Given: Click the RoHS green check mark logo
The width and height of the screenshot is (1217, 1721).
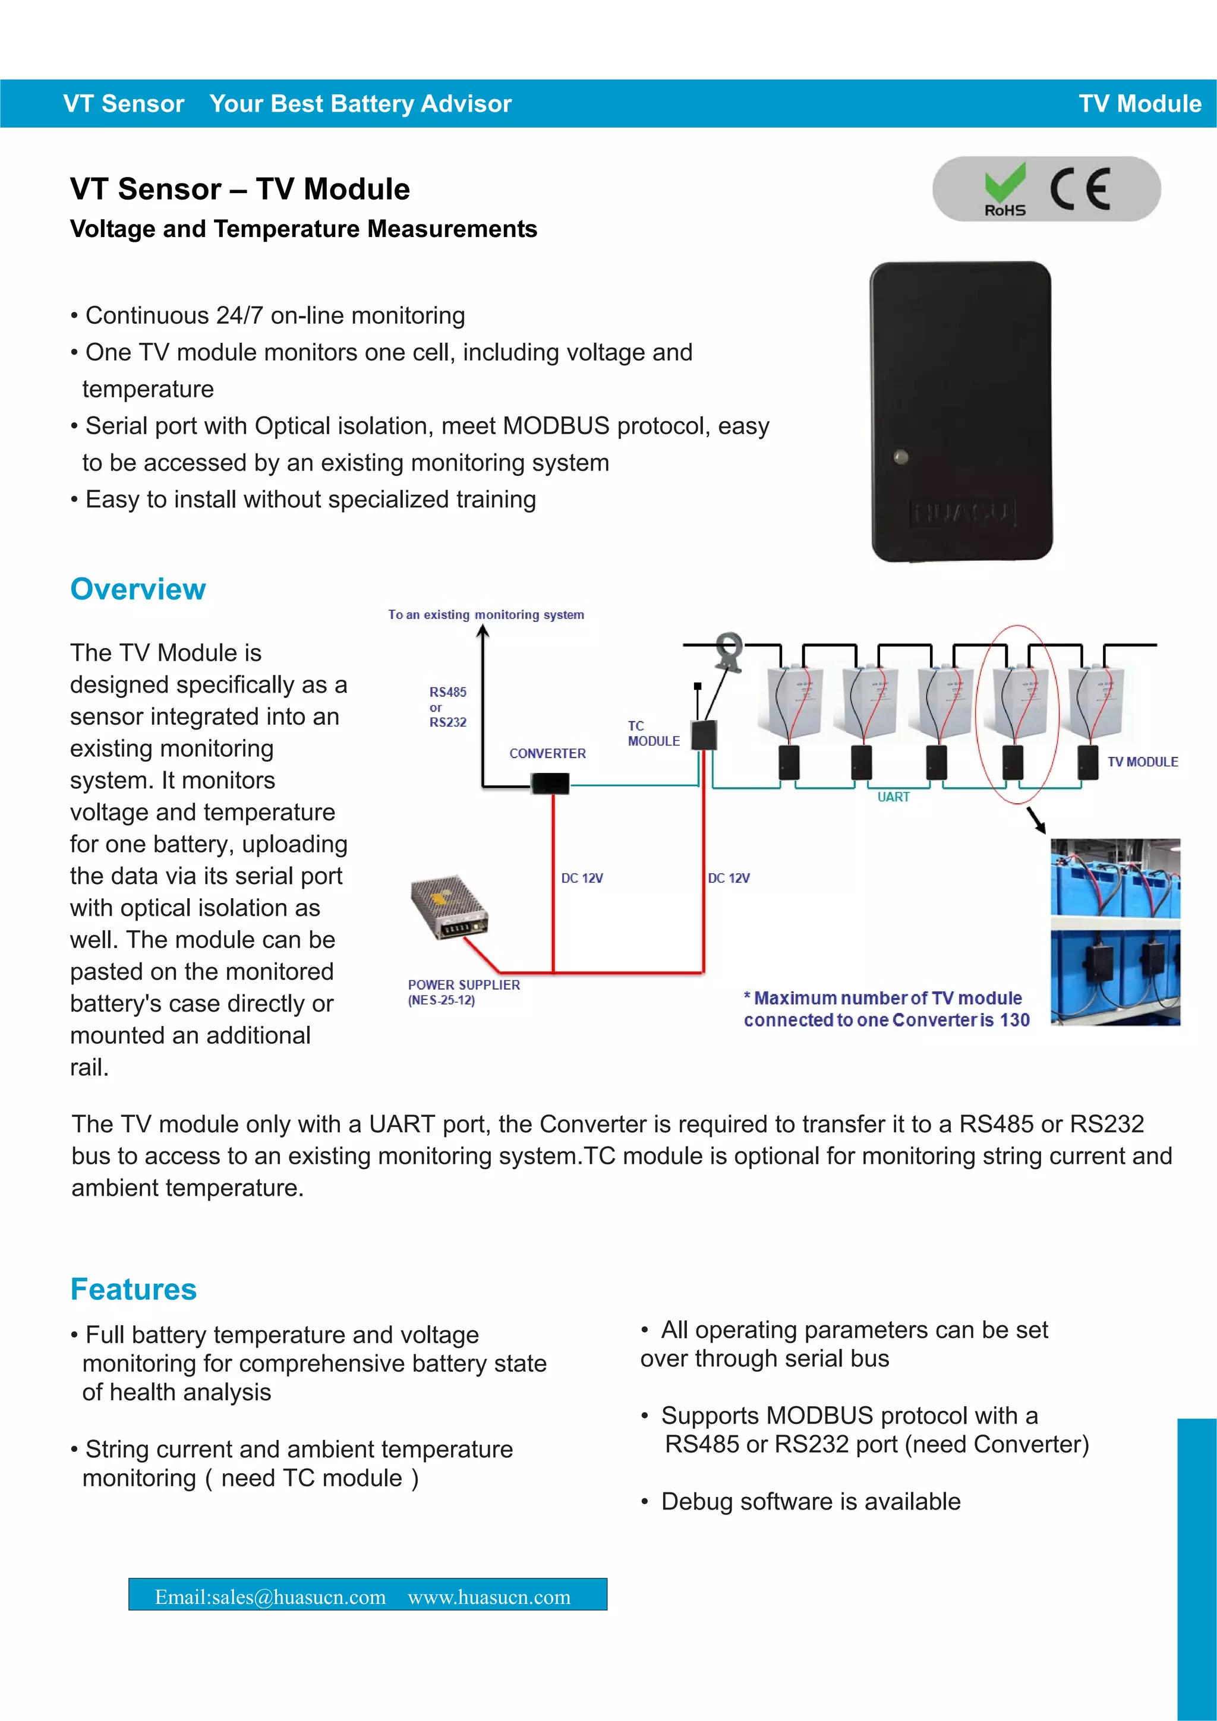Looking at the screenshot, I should coord(1005,189).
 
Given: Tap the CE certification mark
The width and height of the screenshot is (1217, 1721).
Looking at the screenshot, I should coord(1080,189).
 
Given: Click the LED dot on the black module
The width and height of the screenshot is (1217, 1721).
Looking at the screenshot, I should coord(901,456).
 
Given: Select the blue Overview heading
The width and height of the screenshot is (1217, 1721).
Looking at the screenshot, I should coord(138,589).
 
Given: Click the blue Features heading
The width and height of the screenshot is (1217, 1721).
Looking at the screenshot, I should coord(134,1289).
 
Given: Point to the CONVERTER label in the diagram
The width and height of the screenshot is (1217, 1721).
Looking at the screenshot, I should coord(547,753).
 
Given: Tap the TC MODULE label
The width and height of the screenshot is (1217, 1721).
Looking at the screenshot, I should coord(653,734).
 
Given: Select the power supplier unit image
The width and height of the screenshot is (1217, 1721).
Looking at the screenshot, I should coord(449,907).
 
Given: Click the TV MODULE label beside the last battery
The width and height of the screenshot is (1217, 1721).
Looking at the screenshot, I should coord(1142,762).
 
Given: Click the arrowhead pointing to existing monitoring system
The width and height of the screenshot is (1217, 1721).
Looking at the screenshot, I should coord(483,631).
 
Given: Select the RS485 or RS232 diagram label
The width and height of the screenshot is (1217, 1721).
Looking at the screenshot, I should coord(447,707).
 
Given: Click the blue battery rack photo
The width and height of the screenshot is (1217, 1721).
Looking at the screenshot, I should coord(1115,931).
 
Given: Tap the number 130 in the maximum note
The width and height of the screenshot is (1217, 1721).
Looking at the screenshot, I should coord(1014,1020).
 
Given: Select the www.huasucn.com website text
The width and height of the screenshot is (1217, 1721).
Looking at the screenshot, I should coord(489,1597).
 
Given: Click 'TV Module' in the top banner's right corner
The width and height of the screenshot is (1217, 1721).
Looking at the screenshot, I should coord(1139,103).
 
